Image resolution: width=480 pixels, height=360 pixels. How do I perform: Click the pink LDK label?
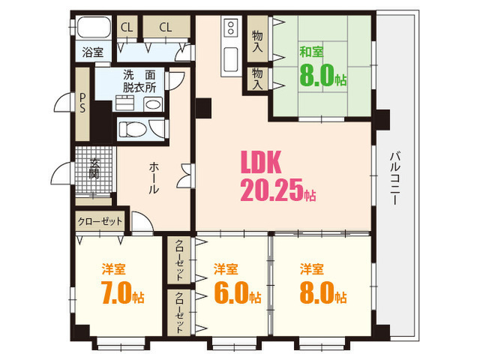pos(261,162)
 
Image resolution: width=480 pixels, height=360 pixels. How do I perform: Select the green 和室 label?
pos(311,52)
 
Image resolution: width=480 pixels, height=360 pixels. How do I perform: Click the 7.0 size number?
pos(116,293)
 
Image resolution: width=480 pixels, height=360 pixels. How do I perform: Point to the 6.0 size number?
pos(231,293)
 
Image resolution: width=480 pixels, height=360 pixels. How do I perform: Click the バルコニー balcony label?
pos(395,178)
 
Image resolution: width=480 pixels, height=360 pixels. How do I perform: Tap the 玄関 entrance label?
pos(94,169)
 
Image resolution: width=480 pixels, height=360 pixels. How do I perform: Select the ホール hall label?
pos(154,178)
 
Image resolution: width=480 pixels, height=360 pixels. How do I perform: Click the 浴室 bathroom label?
pos(92,52)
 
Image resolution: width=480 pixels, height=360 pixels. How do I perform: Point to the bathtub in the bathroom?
pos(93,27)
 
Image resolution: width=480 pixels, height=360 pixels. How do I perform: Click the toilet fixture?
pos(132,130)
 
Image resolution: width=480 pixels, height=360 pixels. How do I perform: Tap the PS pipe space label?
pos(82,103)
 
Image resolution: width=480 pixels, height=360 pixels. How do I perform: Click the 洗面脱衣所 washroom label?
pos(139,81)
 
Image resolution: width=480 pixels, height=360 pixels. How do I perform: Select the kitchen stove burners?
pos(231,28)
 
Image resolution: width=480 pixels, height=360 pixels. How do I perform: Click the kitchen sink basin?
pos(231,59)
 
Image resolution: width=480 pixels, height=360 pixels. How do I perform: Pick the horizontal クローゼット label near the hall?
pos(100,221)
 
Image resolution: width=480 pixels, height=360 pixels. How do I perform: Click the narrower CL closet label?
pos(127,27)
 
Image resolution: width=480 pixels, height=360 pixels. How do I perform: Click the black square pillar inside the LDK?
pos(203,108)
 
